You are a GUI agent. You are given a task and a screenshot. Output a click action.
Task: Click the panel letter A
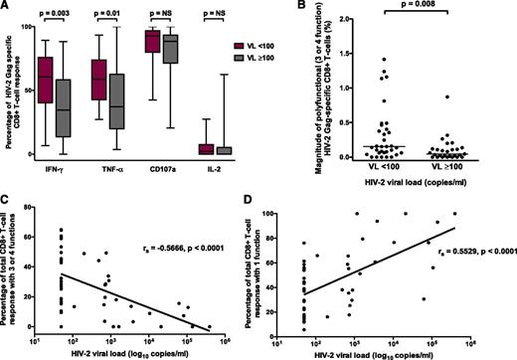pos(7,8)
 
